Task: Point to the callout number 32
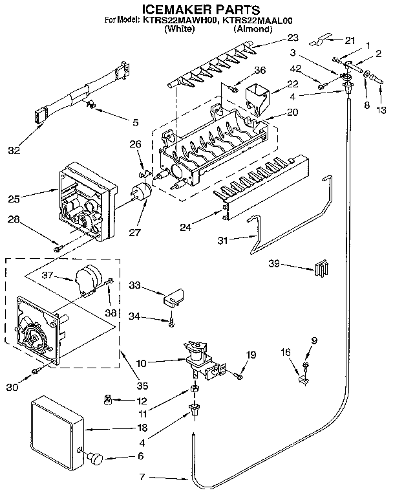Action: (x=14, y=151)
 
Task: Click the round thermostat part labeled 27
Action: (x=141, y=193)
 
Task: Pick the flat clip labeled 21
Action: (x=318, y=43)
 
